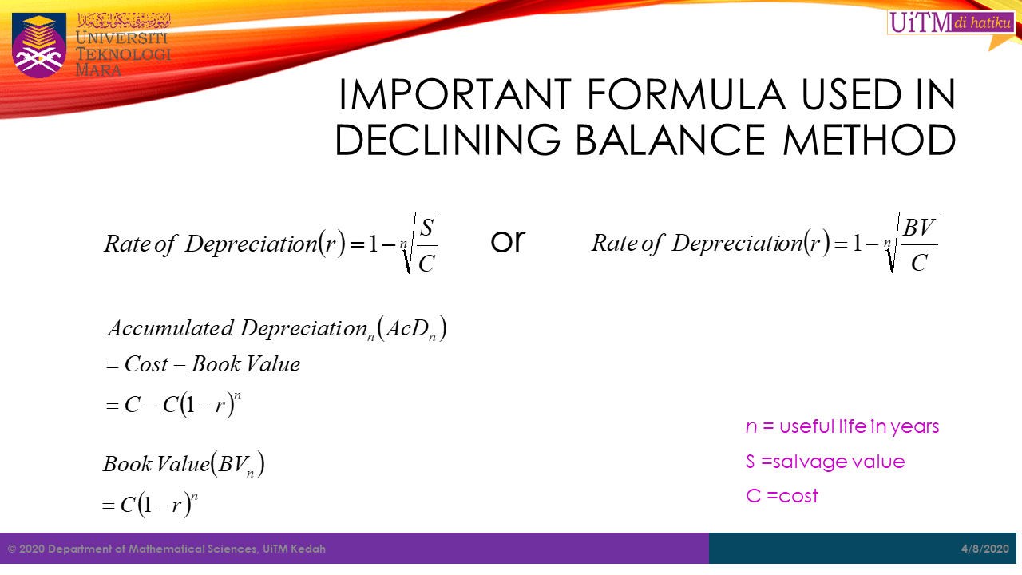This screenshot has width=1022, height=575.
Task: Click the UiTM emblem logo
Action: [x=39, y=44]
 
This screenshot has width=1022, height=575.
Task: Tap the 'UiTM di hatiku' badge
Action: [x=950, y=23]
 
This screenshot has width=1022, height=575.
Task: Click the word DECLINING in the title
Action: [x=448, y=140]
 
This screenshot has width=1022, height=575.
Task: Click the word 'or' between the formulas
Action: [x=507, y=240]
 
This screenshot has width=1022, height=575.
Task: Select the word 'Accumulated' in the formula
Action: [x=171, y=328]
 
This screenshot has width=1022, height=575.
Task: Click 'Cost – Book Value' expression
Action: [x=212, y=364]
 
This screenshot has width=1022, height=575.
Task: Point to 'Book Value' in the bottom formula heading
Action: [x=156, y=464]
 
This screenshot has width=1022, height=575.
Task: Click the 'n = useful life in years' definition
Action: [x=842, y=426]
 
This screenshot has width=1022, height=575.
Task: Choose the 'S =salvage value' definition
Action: [x=826, y=462]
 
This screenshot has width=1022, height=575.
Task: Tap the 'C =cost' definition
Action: [x=782, y=496]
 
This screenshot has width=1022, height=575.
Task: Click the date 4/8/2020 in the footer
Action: [x=985, y=549]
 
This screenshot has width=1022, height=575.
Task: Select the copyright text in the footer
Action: [x=167, y=549]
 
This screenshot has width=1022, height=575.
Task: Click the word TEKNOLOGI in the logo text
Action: [x=123, y=54]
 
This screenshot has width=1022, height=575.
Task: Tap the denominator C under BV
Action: [x=919, y=262]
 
